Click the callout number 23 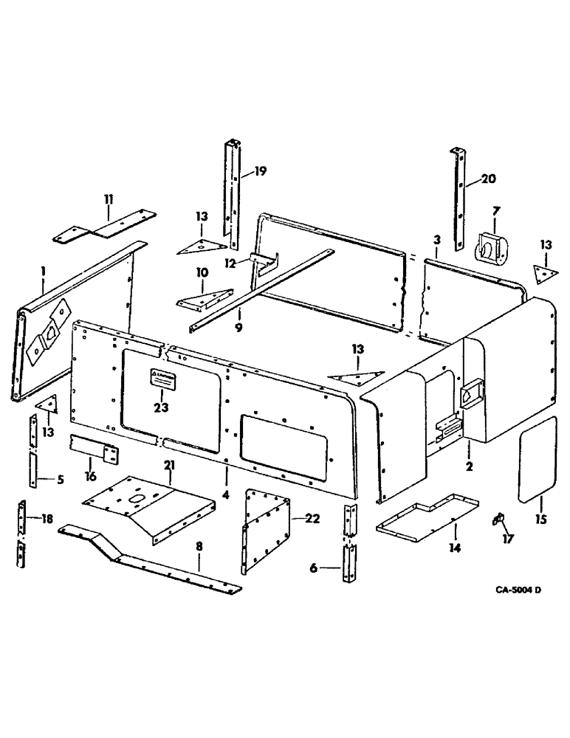click(162, 407)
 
